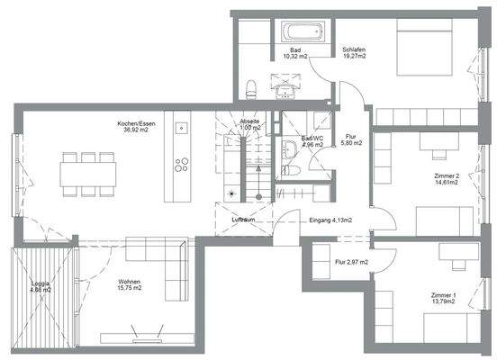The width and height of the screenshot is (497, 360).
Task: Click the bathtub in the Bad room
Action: point(293,29)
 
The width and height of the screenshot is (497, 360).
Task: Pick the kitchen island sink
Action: point(180,126)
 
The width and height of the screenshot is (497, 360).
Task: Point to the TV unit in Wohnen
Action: point(144,342)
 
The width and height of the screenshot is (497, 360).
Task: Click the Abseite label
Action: point(249,123)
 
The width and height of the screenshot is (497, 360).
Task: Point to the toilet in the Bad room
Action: point(253,87)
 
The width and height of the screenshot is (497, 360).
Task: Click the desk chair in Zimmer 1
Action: point(447,249)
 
